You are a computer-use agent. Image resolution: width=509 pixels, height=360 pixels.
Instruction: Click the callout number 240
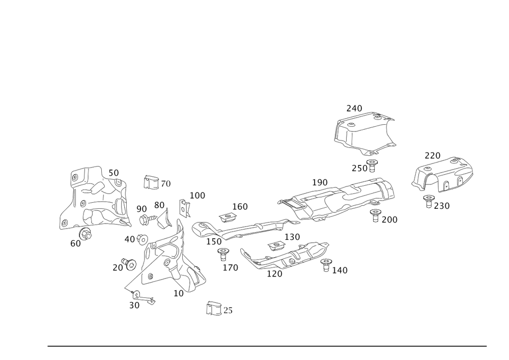coord(354,108)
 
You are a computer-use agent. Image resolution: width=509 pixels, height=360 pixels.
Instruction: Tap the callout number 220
coord(433,155)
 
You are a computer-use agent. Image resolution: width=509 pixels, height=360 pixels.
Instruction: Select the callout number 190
coord(320,182)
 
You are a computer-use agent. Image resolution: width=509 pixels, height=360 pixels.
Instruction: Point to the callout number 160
coord(240,206)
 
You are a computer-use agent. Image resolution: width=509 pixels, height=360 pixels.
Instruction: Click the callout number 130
coord(292,237)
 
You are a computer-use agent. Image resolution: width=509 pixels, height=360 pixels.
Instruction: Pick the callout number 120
coord(274,274)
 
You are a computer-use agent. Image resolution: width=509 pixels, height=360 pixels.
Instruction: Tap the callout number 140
coord(340,270)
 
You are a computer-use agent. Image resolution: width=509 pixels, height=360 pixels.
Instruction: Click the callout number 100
coord(197,195)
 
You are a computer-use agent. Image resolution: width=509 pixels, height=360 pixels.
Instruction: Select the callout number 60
coord(75,244)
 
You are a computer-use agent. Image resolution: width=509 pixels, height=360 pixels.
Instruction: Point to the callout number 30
coord(134,306)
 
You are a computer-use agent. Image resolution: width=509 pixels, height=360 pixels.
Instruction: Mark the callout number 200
coord(390,219)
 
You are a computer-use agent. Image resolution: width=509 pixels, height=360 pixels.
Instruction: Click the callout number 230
coord(442,206)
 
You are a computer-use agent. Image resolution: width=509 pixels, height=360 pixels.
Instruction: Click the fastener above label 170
coord(222,253)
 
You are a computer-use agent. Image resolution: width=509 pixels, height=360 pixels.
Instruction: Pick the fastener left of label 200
coord(376,214)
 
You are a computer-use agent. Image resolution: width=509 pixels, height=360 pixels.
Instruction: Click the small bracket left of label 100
coord(184,208)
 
